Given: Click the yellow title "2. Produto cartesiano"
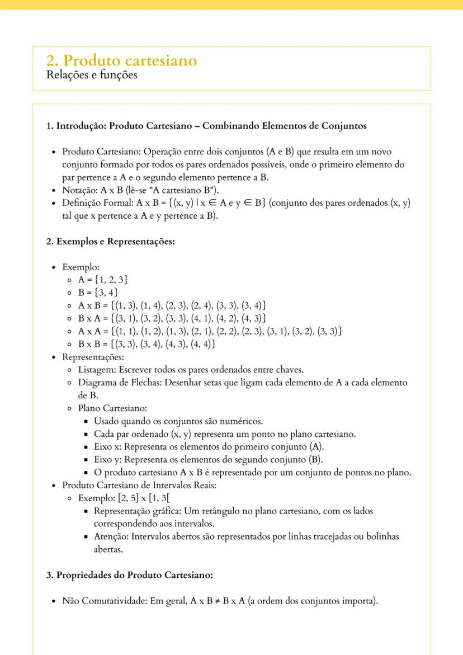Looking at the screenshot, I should click(121, 60).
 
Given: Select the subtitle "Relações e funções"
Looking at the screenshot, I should click(92, 75).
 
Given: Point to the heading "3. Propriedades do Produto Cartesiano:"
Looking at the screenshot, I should click(129, 575).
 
